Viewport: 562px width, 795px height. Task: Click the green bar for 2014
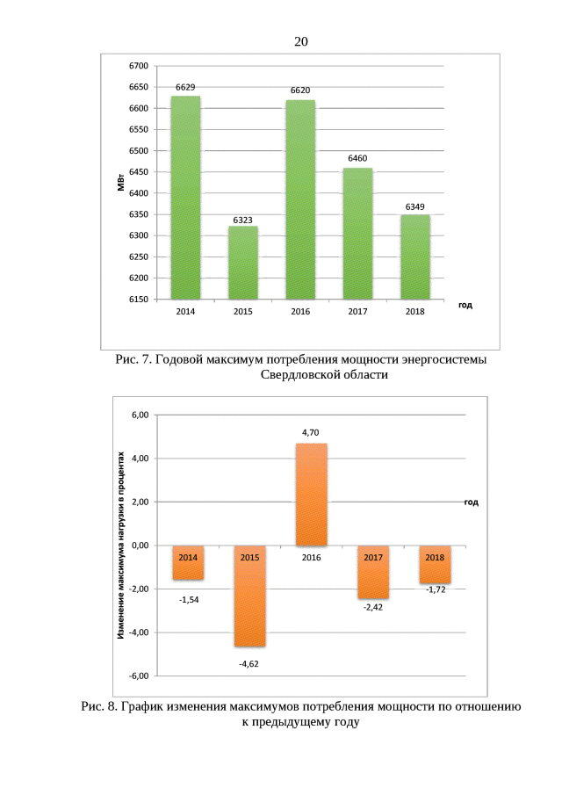tap(185, 198)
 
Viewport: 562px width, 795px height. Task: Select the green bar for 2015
tap(243, 263)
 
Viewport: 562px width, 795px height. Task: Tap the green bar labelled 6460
tap(357, 233)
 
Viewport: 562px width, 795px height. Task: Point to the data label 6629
tap(185, 88)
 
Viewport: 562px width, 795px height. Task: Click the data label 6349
tap(415, 206)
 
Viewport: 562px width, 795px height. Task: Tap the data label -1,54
tap(189, 599)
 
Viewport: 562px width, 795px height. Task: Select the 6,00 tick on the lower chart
tap(139, 415)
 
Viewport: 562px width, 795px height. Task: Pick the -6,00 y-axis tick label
tap(137, 676)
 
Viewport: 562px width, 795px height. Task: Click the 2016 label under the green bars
tap(300, 312)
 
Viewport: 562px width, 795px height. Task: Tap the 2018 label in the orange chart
tap(435, 557)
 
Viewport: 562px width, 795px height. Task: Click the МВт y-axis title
tap(119, 183)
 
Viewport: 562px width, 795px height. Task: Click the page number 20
tap(301, 41)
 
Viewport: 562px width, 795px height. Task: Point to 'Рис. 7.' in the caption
tap(134, 360)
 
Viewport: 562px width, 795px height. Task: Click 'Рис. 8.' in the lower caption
tap(99, 706)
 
